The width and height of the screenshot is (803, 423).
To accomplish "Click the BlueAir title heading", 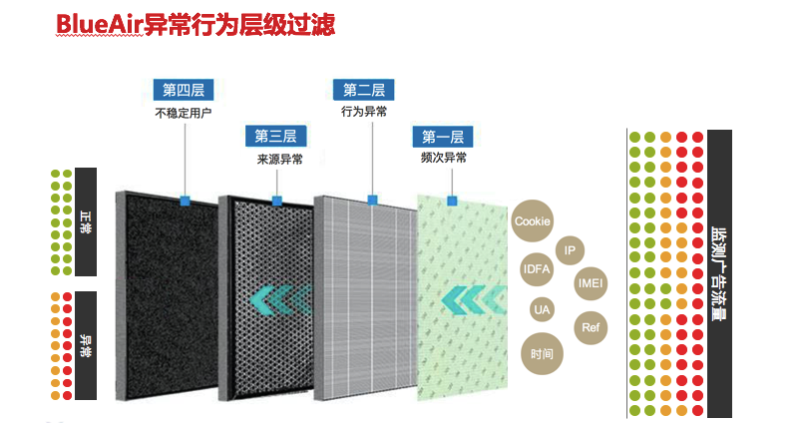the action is coord(196,25).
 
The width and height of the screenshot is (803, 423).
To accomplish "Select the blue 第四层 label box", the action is coord(184,90).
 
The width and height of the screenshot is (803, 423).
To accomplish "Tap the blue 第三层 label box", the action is coord(275,137).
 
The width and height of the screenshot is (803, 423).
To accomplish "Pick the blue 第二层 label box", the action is coord(364,90).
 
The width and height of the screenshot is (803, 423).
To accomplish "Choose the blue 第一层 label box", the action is coord(443,137).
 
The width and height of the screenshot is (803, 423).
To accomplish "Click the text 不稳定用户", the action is coord(184,113).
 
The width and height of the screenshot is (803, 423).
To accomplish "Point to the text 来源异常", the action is coord(279,160).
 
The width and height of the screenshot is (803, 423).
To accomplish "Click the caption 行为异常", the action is coord(364,111).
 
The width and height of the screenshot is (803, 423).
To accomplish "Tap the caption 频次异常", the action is coord(444,158).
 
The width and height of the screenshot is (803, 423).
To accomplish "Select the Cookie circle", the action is coord(532,220).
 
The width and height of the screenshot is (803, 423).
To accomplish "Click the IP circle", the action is coord(570,250).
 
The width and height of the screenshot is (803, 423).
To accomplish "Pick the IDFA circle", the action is coord(537,268).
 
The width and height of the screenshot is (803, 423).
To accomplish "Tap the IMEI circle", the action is coord(590,283).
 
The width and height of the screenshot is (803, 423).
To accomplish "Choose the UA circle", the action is coord(542,309).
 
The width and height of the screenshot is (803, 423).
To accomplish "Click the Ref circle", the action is coord(591,328).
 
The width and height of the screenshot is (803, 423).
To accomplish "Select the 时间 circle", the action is coord(542,354).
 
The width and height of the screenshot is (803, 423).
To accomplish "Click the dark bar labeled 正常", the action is coord(86,221).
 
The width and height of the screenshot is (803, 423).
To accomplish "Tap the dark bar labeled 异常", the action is coord(86,345).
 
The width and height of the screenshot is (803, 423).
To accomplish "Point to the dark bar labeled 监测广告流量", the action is coord(719,273).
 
